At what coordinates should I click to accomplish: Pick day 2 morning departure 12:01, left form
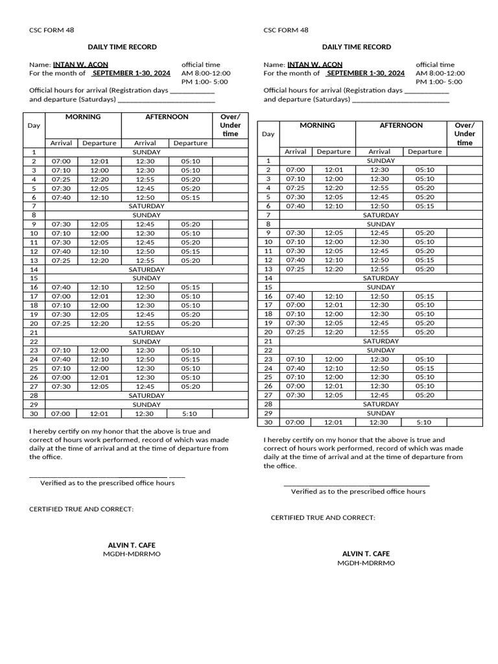point(100,161)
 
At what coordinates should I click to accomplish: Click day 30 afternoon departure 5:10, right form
point(423,422)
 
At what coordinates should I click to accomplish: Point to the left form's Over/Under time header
point(230,125)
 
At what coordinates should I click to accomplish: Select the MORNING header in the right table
point(317,125)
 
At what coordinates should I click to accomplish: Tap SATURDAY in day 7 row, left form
point(147,206)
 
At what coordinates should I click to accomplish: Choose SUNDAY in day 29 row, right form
point(381,413)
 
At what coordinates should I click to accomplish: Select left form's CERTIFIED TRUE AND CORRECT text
point(82,509)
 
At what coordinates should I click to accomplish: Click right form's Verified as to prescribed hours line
point(358,492)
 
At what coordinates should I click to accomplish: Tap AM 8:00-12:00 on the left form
point(206,73)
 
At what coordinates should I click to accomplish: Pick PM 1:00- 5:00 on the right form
point(439,82)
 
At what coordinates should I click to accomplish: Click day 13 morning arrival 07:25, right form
point(295,269)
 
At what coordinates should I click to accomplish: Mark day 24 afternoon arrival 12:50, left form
point(145,359)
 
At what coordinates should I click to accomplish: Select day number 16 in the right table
point(268,296)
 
